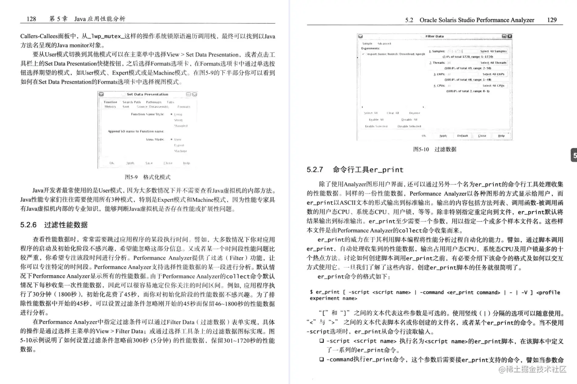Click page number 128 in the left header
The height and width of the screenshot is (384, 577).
tap(31, 19)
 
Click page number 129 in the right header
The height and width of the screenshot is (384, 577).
tap(552, 20)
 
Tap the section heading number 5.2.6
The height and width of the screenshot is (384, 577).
tap(28, 225)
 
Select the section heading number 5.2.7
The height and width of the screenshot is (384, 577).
tap(315, 170)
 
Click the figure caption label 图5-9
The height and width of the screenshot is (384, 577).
tap(131, 177)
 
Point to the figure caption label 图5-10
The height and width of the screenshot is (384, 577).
tap(421, 150)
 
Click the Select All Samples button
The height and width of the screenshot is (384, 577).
tap(493, 51)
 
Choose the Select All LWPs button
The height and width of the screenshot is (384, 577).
tap(493, 74)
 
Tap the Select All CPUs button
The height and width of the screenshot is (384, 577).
tap(493, 85)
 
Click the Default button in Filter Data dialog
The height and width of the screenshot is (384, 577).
tap(462, 136)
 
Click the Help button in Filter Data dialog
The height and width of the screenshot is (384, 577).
tap(501, 136)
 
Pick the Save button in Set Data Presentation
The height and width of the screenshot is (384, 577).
tap(149, 163)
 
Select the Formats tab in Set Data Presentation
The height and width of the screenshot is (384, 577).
tap(184, 107)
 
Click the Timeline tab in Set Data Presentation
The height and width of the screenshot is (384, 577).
tap(110, 102)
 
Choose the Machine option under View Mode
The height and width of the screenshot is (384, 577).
tap(180, 151)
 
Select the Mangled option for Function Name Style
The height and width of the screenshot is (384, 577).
tap(180, 126)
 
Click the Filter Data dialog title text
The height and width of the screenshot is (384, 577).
tap(434, 37)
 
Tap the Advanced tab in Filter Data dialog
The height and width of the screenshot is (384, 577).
tap(384, 43)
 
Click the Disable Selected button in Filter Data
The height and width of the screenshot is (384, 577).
tap(409, 126)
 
